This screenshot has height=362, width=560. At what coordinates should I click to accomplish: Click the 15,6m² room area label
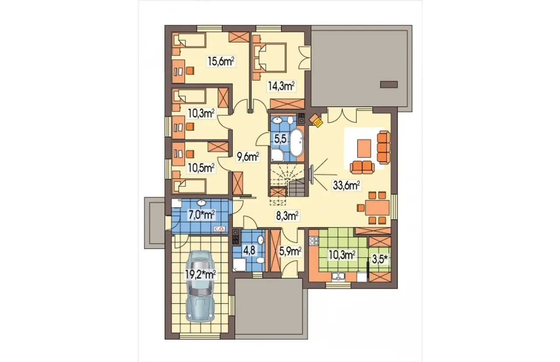pyautogui.click(x=221, y=61)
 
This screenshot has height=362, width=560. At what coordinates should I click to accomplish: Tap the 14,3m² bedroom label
pyautogui.click(x=281, y=86)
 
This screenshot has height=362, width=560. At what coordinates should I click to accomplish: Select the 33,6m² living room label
pyautogui.click(x=346, y=186)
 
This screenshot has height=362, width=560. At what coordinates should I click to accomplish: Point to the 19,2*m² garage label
pyautogui.click(x=200, y=275)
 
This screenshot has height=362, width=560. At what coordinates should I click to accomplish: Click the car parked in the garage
pyautogui.click(x=200, y=286)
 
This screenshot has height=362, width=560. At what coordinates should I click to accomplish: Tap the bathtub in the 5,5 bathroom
pyautogui.click(x=297, y=143)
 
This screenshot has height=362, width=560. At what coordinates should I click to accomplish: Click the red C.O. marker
pyautogui.click(x=220, y=229)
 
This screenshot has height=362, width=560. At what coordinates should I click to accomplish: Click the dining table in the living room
pyautogui.click(x=377, y=208)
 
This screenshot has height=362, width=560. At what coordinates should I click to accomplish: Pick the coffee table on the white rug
pyautogui.click(x=364, y=148)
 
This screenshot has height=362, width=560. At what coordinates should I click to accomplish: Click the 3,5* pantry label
pyautogui.click(x=380, y=260)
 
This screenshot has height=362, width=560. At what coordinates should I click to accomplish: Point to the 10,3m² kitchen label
pyautogui.click(x=342, y=255)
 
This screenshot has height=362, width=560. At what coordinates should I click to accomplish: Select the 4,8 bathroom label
pyautogui.click(x=249, y=251)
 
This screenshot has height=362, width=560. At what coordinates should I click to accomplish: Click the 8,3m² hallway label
pyautogui.click(x=287, y=216)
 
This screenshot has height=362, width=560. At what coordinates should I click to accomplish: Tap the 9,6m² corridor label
pyautogui.click(x=248, y=157)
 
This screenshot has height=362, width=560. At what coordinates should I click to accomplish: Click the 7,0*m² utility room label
pyautogui.click(x=202, y=215)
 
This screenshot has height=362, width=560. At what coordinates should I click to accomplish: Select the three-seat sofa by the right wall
pyautogui.click(x=384, y=147)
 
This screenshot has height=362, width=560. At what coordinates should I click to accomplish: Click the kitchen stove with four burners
pyautogui.click(x=314, y=241)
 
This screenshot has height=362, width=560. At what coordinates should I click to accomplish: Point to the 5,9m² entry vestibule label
pyautogui.click(x=290, y=251)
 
